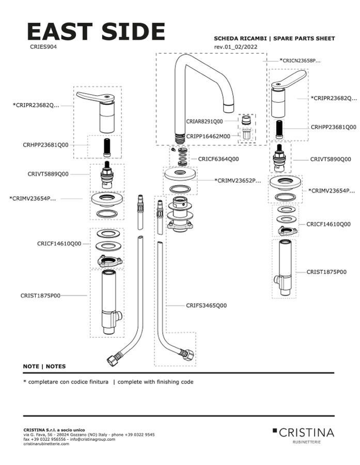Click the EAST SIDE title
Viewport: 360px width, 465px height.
pyautogui.click(x=96, y=31)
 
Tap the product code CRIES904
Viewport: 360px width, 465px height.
pyautogui.click(x=43, y=46)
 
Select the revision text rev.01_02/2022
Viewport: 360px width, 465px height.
pyautogui.click(x=235, y=47)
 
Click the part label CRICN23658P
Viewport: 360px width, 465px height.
pyautogui.click(x=300, y=60)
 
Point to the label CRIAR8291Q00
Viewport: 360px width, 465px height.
pyautogui.click(x=204, y=121)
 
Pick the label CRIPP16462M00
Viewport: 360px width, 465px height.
pyautogui.click(x=205, y=136)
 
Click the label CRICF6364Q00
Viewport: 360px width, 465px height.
pyautogui.click(x=218, y=159)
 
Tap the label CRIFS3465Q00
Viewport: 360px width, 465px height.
pyautogui.click(x=206, y=306)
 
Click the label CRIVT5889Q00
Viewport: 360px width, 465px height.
pyautogui.click(x=48, y=174)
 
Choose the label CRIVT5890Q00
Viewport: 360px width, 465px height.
pyautogui.click(x=330, y=159)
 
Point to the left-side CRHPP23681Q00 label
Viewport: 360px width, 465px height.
pyautogui.click(x=45, y=146)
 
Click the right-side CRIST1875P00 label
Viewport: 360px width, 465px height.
pyautogui.click(x=326, y=271)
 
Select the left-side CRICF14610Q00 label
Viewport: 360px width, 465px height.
pyautogui.click(x=59, y=243)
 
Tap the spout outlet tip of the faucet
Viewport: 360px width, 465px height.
pyautogui.click(x=228, y=108)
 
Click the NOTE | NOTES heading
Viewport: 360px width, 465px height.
pyautogui.click(x=44, y=366)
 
